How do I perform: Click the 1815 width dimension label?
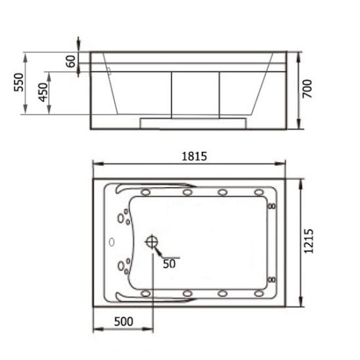(194, 156)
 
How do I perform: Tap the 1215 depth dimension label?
(309, 241)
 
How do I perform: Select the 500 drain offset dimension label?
(124, 322)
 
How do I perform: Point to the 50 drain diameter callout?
(169, 264)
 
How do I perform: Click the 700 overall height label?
(307, 89)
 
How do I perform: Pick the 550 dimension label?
(19, 82)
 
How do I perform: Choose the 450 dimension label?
(43, 92)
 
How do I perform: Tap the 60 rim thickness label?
(71, 61)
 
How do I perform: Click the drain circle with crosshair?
(152, 242)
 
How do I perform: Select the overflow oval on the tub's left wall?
(112, 242)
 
